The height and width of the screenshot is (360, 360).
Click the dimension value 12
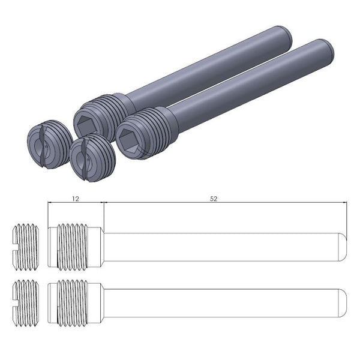(75, 197)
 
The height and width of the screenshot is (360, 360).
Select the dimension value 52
(214, 197)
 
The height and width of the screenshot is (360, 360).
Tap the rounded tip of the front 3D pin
(327, 51)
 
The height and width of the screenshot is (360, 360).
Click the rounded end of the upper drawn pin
(343, 247)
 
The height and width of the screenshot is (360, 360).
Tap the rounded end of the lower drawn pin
(343, 298)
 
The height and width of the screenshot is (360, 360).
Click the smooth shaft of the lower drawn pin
(222, 298)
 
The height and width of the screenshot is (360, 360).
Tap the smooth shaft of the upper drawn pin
(222, 247)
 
